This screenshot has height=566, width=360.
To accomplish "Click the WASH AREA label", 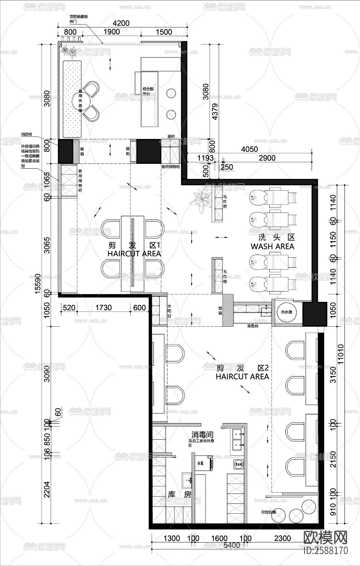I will coord(273,246).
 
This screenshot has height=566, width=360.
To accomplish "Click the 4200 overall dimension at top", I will coord(121,23).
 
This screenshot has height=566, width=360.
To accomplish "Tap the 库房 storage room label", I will coord(180,494).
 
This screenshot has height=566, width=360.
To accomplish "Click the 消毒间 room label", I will coord(201,435).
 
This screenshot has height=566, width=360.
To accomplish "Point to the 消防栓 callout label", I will coord(27,135).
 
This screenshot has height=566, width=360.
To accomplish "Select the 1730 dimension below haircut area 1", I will coord(103,307).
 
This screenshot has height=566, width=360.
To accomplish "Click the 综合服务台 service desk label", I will coord(148,91).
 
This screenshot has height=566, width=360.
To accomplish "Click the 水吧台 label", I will coord(169,310).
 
